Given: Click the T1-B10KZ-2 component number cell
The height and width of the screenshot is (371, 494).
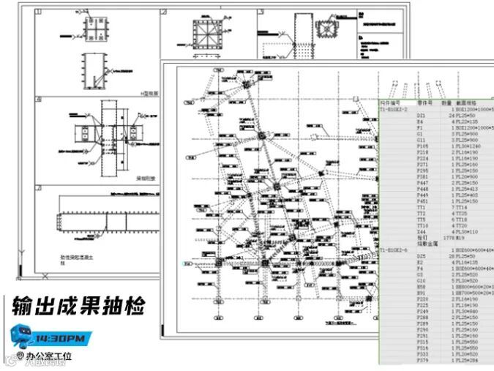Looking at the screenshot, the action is click(x=394, y=109).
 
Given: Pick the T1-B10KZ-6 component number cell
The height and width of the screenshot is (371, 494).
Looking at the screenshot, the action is click(x=394, y=250).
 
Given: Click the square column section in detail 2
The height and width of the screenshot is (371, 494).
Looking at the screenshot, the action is click(x=204, y=34).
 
